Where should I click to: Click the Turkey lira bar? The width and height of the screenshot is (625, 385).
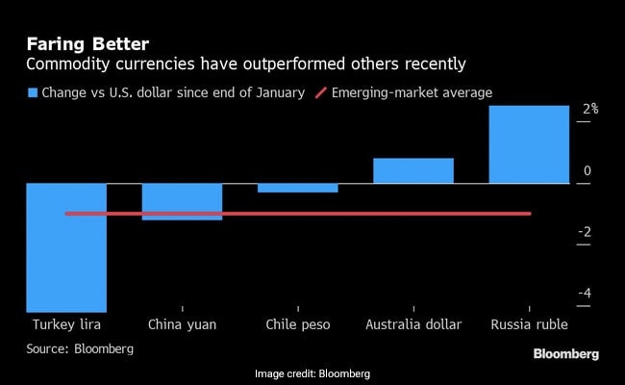click(x=66, y=246)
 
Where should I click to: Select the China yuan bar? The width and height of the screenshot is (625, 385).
click(x=182, y=201)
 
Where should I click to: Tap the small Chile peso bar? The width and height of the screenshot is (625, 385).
click(x=297, y=188)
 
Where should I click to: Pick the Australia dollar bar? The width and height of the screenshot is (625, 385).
click(x=412, y=170)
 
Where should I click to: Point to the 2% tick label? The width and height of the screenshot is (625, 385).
click(x=589, y=110)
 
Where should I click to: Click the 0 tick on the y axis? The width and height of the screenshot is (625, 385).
click(x=587, y=171)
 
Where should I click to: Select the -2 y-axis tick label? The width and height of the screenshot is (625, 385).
click(x=585, y=232)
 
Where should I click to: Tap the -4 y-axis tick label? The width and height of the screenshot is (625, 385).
click(x=585, y=294)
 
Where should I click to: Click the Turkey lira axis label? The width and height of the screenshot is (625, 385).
click(x=66, y=324)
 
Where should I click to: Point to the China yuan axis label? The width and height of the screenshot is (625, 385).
click(x=182, y=324)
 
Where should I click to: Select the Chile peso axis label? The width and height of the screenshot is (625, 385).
click(x=297, y=324)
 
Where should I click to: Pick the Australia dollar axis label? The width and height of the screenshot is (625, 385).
click(x=413, y=324)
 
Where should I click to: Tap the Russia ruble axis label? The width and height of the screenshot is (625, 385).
click(x=529, y=324)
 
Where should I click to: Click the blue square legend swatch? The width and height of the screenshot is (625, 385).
click(x=33, y=92)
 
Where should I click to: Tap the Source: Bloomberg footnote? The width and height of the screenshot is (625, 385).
click(x=80, y=348)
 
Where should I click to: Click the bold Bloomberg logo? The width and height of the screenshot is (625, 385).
click(x=566, y=354)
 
